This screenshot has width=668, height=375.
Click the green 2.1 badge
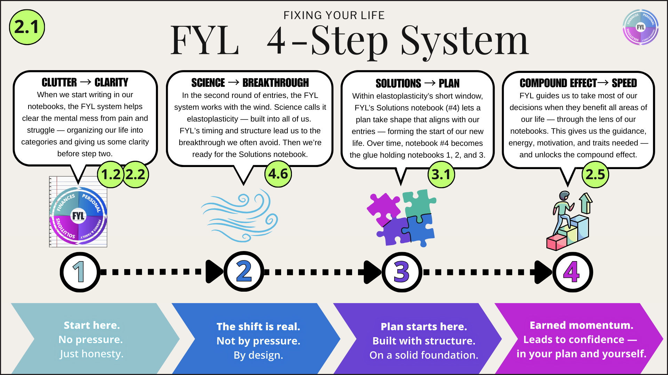click(x=27, y=27)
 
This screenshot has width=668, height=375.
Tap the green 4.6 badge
click(x=278, y=174)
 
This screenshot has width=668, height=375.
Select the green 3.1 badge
click(x=441, y=174)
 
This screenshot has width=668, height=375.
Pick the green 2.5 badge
click(x=595, y=174)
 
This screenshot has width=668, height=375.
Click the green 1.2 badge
click(x=110, y=174)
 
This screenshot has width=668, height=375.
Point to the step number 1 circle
click(x=80, y=272)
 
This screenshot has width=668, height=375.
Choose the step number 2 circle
click(x=244, y=272)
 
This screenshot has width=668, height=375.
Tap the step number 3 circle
click(x=402, y=272)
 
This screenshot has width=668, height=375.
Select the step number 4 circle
click(x=572, y=272)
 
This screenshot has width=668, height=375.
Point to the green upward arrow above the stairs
click(x=586, y=203)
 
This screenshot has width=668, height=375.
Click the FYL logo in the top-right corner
click(x=640, y=27)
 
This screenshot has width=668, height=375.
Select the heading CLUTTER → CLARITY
click(x=85, y=82)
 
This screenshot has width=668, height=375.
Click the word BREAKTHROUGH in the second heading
click(x=276, y=83)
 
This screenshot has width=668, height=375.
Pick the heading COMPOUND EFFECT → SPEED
click(x=578, y=83)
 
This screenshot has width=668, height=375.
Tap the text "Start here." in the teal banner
click(x=92, y=325)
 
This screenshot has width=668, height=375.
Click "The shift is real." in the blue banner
click(x=258, y=327)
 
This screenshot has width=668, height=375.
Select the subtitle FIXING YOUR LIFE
click(x=334, y=15)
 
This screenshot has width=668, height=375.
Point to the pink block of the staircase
click(x=556, y=242)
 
